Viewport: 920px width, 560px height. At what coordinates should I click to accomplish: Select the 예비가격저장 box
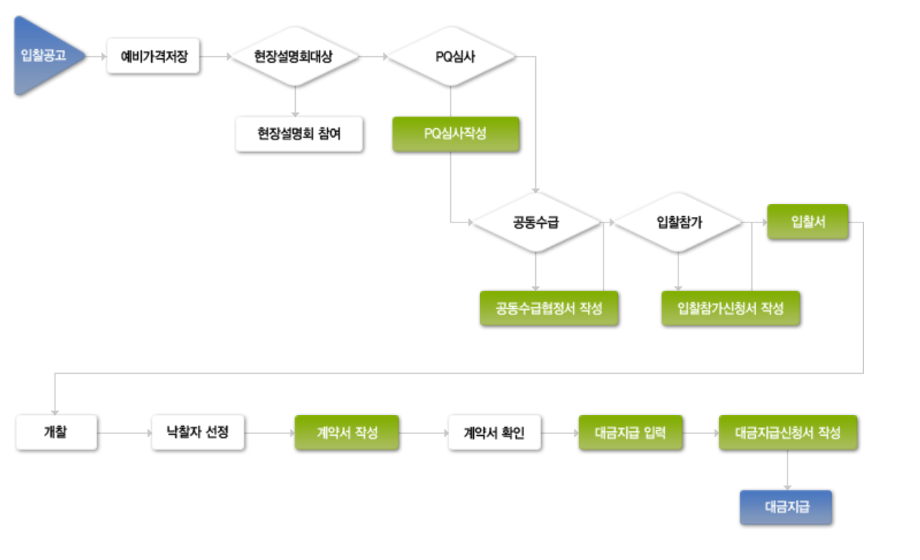click(153, 57)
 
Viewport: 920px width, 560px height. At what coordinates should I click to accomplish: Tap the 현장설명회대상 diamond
click(294, 57)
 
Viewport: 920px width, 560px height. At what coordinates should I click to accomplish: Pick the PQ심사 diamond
click(450, 57)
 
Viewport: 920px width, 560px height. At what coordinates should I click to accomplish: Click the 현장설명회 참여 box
click(299, 134)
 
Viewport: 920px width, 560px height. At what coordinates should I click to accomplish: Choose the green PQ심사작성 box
click(456, 133)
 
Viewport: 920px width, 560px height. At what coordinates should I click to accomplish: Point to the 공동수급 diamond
click(535, 222)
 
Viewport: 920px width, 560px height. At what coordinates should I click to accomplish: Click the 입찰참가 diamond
click(678, 222)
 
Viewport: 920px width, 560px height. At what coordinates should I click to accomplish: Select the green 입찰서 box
click(807, 222)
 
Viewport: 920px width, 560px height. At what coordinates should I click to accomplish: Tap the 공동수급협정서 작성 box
click(548, 308)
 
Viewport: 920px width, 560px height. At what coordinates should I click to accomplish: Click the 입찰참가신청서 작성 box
click(731, 308)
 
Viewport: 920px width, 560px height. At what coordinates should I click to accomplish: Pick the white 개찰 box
click(56, 433)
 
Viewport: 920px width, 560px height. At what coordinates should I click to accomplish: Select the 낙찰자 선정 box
click(198, 433)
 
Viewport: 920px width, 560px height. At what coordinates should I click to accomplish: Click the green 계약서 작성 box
click(347, 433)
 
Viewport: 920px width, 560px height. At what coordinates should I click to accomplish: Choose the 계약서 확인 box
click(495, 433)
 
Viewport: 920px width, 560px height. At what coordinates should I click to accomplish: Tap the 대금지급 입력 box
click(630, 433)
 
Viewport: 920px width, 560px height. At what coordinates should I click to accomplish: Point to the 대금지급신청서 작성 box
click(787, 433)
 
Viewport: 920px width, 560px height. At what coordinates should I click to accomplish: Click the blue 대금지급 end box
click(786, 507)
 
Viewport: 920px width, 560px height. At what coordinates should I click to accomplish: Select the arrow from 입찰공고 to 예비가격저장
click(96, 57)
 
